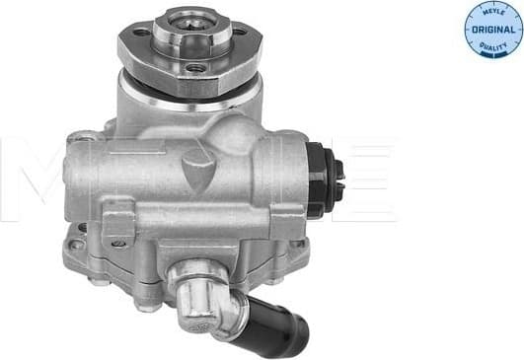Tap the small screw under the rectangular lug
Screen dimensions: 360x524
pyautogui.click(x=118, y=242)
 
